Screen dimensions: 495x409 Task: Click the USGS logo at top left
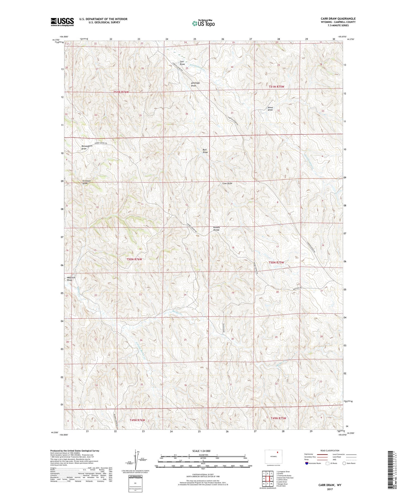tap(62, 22)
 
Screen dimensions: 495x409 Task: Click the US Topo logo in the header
tap(203, 23)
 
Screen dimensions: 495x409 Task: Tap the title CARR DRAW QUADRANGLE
tap(338, 19)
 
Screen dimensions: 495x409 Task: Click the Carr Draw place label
tap(182, 63)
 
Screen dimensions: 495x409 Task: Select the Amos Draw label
tap(270, 109)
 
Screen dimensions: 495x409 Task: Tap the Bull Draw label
tap(205, 151)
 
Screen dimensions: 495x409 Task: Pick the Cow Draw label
tap(227, 183)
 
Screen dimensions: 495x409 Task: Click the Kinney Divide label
tap(216, 229)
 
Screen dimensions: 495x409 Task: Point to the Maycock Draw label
tap(71, 279)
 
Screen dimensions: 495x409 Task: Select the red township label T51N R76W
tap(121, 92)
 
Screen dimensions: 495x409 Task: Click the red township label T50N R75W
tap(276, 263)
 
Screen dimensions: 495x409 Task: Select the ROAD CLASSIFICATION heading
tap(330, 450)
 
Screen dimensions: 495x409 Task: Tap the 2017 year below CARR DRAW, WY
tap(330, 489)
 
